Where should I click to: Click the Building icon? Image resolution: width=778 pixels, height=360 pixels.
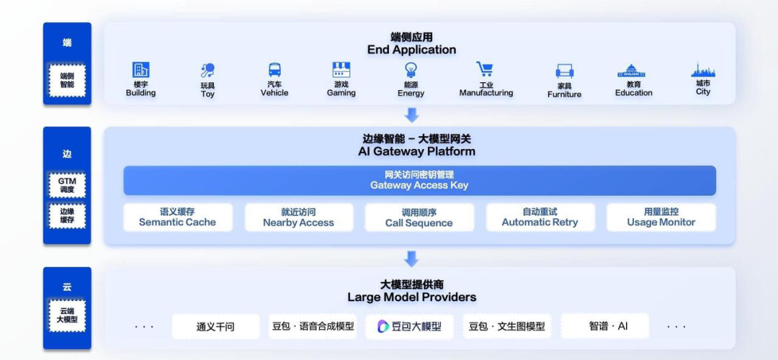(141, 69)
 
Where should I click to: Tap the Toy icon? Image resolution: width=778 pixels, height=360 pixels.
(207, 71)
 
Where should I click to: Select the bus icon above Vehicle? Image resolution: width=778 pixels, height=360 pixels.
(274, 69)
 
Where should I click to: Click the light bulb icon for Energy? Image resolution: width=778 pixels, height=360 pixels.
(411, 70)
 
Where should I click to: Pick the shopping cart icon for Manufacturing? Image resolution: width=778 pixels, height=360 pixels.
(485, 69)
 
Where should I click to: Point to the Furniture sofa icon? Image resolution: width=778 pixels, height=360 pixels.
(565, 71)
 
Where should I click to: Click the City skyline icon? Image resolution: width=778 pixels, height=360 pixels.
(703, 70)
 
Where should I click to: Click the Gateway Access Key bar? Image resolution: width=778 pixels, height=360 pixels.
(419, 181)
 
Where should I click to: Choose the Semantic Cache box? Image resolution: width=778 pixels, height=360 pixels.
(178, 217)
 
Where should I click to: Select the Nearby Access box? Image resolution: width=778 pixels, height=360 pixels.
(299, 217)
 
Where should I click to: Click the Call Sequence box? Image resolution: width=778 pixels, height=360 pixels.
(419, 217)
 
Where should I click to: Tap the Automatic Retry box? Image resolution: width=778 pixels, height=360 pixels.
(540, 217)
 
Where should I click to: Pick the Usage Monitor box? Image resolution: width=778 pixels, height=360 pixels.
(661, 217)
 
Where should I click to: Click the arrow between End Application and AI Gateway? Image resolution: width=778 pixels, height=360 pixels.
(411, 115)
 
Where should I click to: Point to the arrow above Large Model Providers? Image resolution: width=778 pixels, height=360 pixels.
(411, 258)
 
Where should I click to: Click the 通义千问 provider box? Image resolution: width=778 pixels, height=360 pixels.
(215, 326)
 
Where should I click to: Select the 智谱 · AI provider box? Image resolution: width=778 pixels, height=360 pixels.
(605, 326)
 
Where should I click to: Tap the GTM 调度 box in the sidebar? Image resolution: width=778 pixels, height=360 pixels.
(67, 185)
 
